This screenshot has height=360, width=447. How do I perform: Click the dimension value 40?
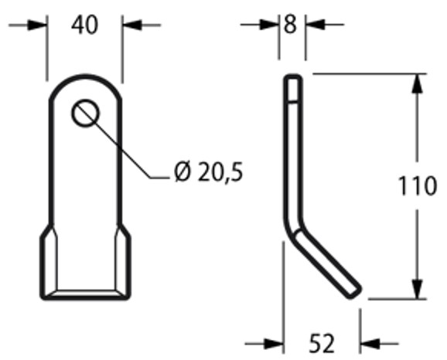click(85, 25)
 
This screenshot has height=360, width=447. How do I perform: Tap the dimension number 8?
click(292, 25)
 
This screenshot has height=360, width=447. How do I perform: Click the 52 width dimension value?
click(321, 342)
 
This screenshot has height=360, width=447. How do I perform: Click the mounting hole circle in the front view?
click(86, 114)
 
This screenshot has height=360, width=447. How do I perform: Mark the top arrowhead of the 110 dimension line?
click(418, 81)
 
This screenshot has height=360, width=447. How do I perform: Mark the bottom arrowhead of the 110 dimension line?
click(418, 290)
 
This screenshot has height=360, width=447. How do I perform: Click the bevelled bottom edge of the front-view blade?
click(85, 294)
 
